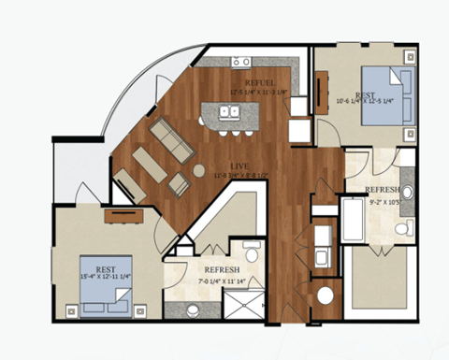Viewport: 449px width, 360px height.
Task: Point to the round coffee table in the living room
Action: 198,170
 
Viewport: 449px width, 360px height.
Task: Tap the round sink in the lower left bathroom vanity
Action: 193,309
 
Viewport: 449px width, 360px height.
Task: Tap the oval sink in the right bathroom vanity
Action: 406,193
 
